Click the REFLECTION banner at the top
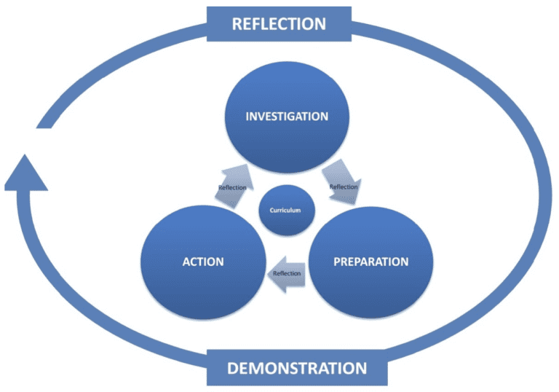(279, 24)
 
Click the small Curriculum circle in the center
(285, 210)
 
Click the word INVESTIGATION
(287, 117)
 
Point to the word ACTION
(202, 262)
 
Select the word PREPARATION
(371, 262)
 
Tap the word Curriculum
(285, 210)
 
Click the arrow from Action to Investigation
(234, 183)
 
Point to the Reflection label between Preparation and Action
(287, 273)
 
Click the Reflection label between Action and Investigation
(232, 188)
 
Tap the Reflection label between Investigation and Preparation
(344, 187)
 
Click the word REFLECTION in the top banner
(279, 24)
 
